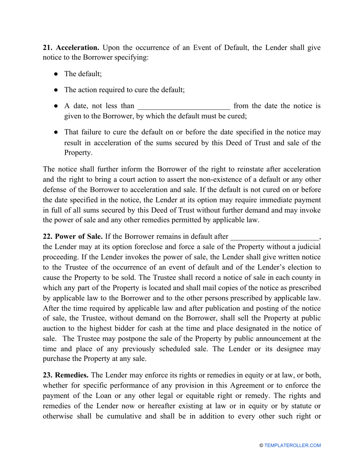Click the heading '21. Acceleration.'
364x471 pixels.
click(x=71, y=48)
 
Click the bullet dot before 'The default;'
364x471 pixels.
click(x=56, y=74)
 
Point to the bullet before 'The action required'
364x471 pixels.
click(x=56, y=90)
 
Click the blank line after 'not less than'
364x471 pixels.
click(x=184, y=106)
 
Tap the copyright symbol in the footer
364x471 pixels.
click(x=261, y=445)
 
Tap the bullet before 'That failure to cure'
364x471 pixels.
click(x=56, y=132)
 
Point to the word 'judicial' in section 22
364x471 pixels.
click(x=310, y=246)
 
